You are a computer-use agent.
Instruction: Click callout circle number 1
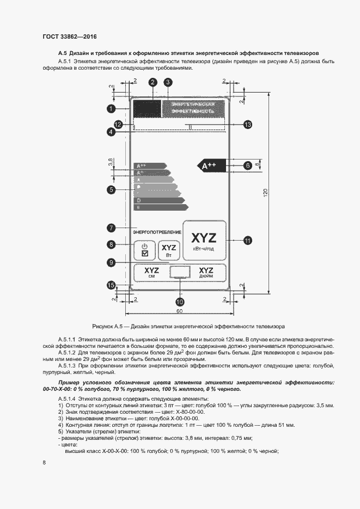(111, 109)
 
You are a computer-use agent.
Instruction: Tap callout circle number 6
(247, 164)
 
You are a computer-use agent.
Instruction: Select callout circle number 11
(247, 240)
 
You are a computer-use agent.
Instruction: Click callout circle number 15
(111, 284)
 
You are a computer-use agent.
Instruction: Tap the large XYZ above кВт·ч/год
(203, 237)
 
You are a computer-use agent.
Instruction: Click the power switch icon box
(144, 251)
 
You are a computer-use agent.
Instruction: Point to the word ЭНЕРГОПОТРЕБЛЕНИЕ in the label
(157, 232)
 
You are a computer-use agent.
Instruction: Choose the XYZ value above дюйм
(206, 269)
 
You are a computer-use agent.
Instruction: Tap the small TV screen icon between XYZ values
(180, 272)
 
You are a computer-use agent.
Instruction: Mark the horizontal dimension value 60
(179, 310)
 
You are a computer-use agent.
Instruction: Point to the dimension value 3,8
(110, 162)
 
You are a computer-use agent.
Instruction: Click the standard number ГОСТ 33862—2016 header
(69, 36)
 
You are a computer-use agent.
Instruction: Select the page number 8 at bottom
(44, 463)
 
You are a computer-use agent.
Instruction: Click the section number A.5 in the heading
(62, 53)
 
